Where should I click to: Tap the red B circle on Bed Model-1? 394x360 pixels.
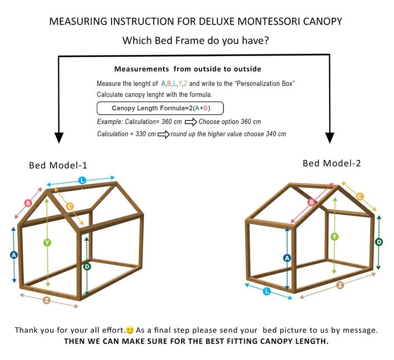click(28, 203)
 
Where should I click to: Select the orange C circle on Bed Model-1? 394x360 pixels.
click(70, 206)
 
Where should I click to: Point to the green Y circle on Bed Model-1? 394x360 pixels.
click(47, 242)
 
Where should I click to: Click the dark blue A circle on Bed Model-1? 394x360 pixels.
click(14, 255)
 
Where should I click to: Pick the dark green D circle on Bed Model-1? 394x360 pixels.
click(87, 267)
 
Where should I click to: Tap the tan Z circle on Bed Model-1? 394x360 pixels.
click(47, 300)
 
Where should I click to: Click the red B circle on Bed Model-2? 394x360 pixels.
click(311, 202)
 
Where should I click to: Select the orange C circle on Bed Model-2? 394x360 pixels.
click(360, 196)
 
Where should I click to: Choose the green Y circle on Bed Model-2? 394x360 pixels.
click(335, 237)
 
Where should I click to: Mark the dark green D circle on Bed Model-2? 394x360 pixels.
click(379, 242)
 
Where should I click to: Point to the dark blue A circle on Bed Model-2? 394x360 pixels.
click(287, 258)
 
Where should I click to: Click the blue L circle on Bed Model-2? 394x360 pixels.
click(267, 291)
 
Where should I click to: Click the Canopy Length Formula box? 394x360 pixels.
click(160, 108)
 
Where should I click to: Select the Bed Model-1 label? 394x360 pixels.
click(58, 165)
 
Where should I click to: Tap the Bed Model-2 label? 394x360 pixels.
click(332, 163)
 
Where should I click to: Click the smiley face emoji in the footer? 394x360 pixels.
click(130, 330)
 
